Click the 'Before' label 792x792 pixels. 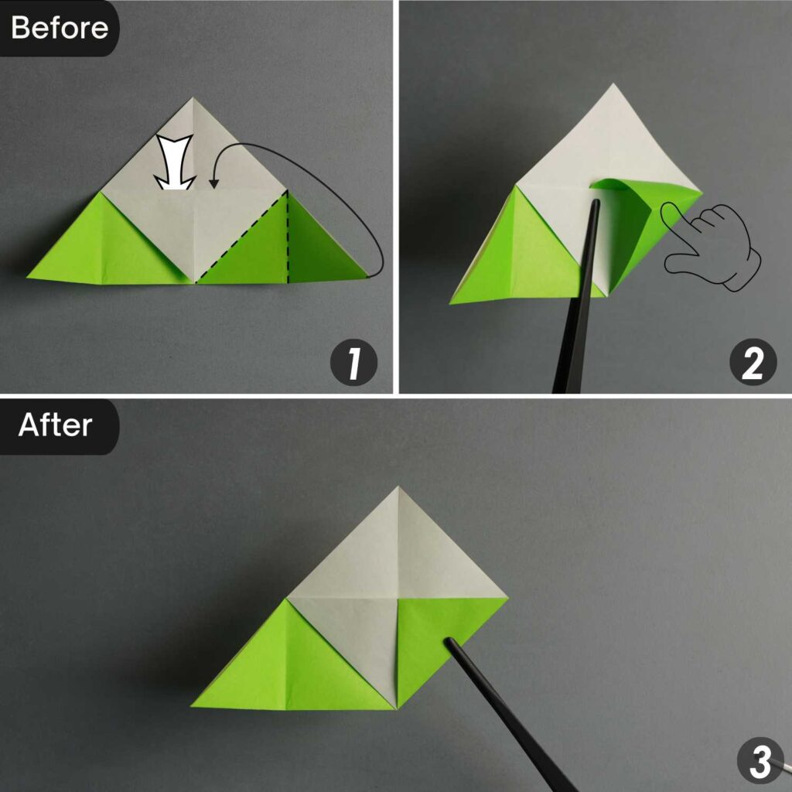(x=59, y=28)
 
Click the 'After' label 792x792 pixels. (x=55, y=425)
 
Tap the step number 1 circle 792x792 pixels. (x=353, y=364)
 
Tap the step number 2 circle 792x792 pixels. (x=753, y=364)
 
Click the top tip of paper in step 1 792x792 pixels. (x=194, y=99)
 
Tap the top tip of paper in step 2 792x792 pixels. (x=613, y=84)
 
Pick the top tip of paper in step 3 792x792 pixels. (x=398, y=487)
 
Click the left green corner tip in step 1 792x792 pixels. (x=28, y=276)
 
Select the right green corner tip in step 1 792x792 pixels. (x=367, y=276)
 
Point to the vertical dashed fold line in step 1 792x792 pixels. (x=288, y=236)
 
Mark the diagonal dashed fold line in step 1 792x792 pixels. (x=241, y=236)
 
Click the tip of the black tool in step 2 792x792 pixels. (x=596, y=203)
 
